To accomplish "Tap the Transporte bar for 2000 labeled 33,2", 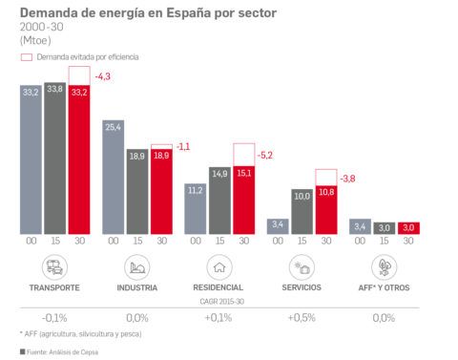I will coord(31,159).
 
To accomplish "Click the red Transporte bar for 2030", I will coord(78,159).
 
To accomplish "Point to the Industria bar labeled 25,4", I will coord(113,177).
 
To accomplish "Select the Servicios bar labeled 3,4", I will coord(278,227).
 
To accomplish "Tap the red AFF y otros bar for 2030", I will coord(408,228).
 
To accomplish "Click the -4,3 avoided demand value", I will coord(102,75).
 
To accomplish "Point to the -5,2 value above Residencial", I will coord(267,154).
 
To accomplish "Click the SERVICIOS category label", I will coord(301,287).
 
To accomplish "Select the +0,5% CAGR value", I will coord(301,317).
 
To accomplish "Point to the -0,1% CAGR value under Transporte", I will coord(53,317).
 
